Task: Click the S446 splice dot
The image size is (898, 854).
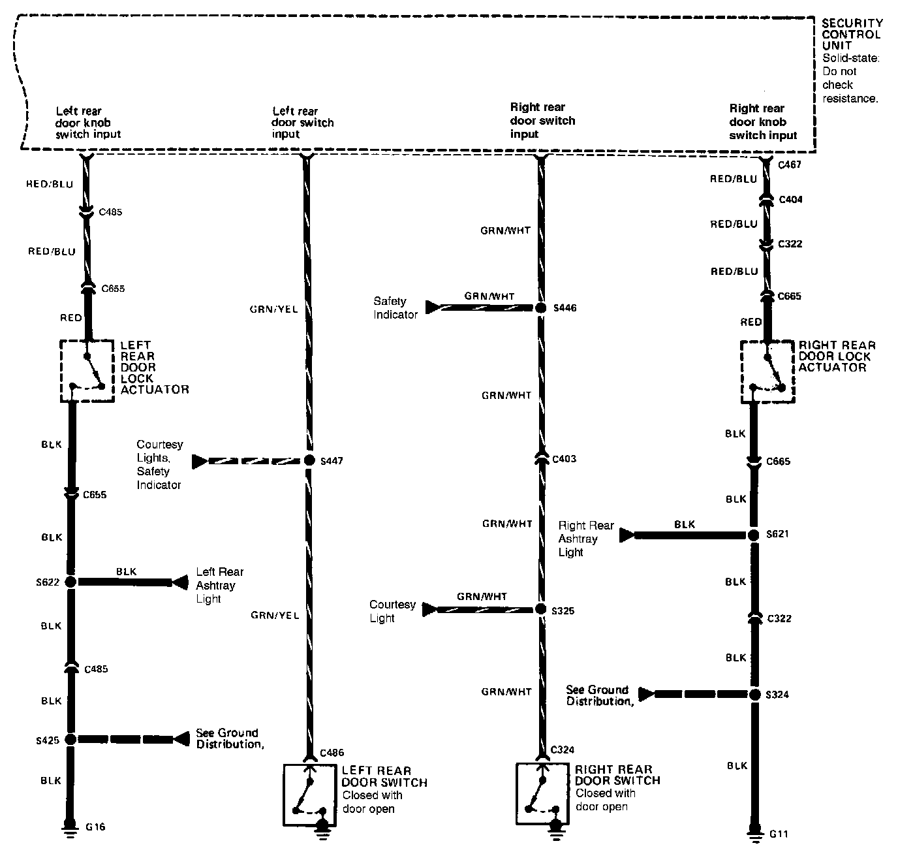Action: pos(540,308)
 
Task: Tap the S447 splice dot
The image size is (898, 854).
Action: pos(309,461)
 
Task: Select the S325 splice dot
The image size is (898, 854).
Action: pos(540,609)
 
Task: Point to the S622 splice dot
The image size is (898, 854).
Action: pos(70,582)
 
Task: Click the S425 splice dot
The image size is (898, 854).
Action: pos(70,739)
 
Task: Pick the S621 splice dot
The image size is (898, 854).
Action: pos(754,535)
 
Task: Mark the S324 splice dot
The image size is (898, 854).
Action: pos(755,694)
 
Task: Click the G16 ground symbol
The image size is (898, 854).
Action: pos(68,829)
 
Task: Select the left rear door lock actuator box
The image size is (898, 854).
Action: pos(87,371)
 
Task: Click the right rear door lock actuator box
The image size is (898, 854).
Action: pos(767,372)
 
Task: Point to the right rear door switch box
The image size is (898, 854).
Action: pos(542,793)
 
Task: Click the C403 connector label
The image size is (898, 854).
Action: pos(564,459)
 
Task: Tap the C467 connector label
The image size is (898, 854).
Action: pos(790,165)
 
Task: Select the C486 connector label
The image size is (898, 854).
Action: pos(332,753)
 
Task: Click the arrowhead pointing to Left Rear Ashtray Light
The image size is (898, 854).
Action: pos(179,582)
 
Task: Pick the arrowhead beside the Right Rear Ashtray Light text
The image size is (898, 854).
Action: pos(627,535)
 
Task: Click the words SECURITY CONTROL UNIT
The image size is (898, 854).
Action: pos(851,34)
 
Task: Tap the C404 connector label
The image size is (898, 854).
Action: pos(791,199)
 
